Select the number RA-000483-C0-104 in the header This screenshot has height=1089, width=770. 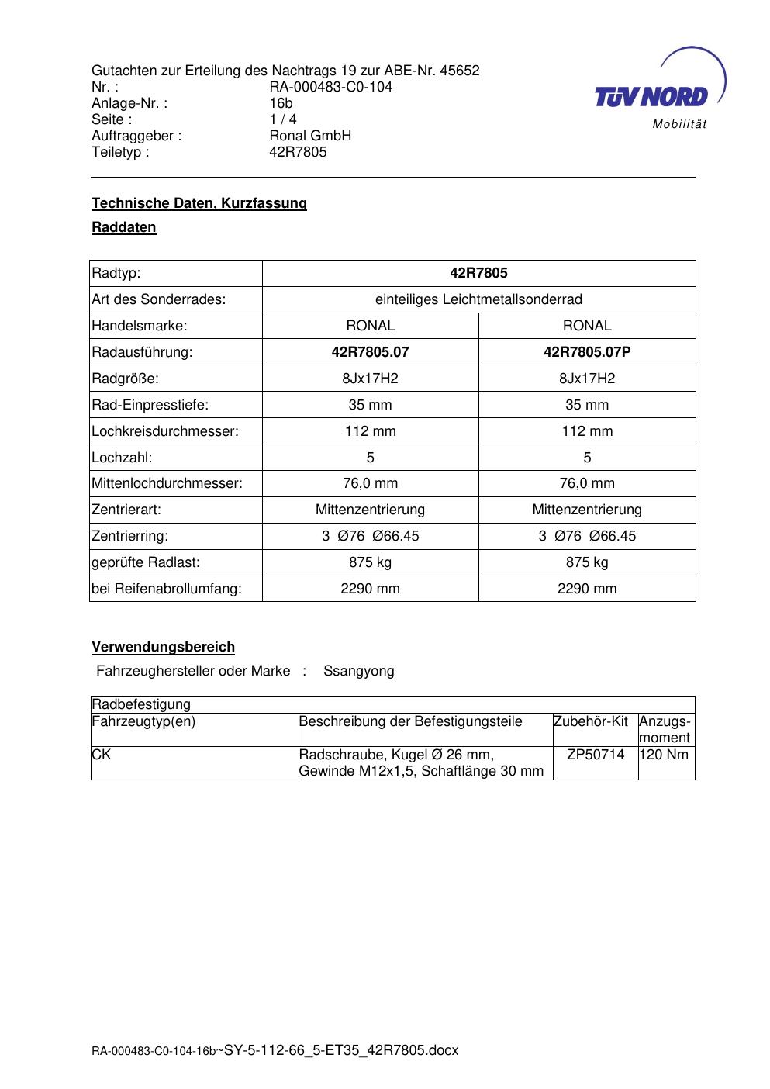click(x=330, y=87)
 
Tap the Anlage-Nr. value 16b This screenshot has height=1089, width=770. click(x=281, y=103)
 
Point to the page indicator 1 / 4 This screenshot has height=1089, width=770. click(x=282, y=119)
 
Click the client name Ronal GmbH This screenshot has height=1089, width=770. click(x=310, y=136)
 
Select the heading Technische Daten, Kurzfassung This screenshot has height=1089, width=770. click(x=199, y=203)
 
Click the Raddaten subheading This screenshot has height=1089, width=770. click(x=124, y=227)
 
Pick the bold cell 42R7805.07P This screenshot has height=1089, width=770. click(x=587, y=352)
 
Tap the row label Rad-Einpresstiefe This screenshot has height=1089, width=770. click(x=150, y=405)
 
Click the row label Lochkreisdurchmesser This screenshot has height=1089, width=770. click(x=165, y=431)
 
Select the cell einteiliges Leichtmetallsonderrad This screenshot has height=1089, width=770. click(x=478, y=299)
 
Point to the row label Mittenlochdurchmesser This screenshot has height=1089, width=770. click(x=167, y=483)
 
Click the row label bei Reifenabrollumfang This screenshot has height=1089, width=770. click(x=167, y=589)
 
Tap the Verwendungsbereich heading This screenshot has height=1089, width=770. click(x=164, y=647)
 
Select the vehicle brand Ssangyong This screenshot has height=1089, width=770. click(x=358, y=671)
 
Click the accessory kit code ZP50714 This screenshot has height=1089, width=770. click(x=596, y=755)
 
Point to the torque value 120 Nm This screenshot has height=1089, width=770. click(x=665, y=755)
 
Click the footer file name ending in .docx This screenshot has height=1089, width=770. click(x=341, y=1050)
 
